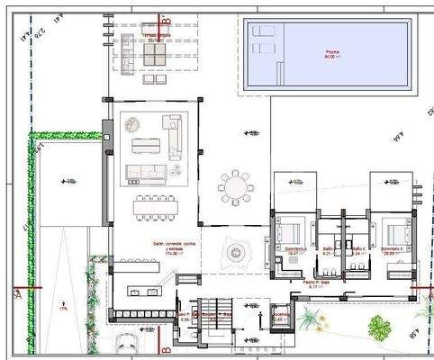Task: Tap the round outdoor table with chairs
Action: pos(236,186)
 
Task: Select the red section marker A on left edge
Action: pos(17,292)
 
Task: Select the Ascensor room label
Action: pos(280,316)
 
